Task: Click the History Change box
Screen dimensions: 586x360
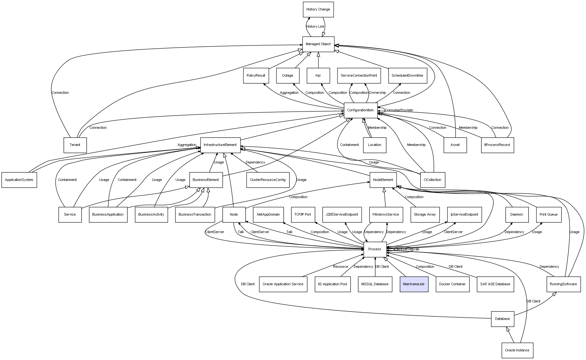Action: [318, 10]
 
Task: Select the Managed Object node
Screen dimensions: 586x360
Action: [318, 44]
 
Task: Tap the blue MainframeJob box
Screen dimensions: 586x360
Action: [414, 284]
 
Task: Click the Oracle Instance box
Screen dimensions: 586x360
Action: [517, 350]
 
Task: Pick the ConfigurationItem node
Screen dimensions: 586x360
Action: [360, 110]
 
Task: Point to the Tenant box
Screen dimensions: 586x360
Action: [75, 145]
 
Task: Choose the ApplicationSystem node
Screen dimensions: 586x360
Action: [19, 180]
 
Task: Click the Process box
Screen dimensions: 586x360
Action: [375, 249]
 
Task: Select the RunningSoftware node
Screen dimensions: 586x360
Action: [563, 284]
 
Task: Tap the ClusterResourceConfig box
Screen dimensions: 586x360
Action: [268, 180]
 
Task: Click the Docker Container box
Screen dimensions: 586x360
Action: [452, 284]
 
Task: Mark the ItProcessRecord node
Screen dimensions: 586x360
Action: [497, 145]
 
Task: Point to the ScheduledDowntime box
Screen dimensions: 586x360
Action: [407, 76]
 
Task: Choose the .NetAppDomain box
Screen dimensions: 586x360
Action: [268, 215]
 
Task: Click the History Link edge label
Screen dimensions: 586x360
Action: [316, 27]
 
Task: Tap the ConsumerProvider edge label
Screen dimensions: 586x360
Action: [399, 110]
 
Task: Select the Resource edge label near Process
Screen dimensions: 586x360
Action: [340, 267]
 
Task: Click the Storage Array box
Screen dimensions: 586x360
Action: [425, 215]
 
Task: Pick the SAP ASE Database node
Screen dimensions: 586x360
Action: [495, 284]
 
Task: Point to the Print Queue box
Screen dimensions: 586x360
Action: [549, 215]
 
